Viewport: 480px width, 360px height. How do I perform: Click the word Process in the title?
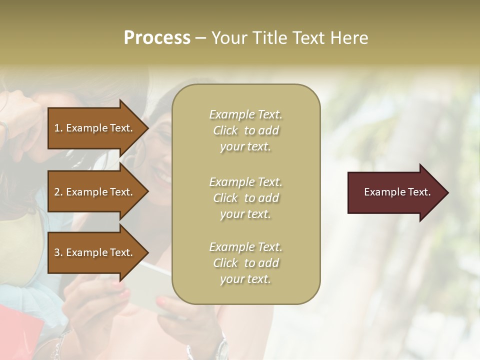[157, 38]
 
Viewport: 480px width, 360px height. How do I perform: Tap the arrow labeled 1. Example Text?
[95, 128]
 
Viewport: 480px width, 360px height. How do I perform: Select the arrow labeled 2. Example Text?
[95, 192]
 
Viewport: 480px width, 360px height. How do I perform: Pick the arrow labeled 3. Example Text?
[95, 252]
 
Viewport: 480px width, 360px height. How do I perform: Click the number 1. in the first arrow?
[58, 128]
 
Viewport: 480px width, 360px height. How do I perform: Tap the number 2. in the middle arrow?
[58, 192]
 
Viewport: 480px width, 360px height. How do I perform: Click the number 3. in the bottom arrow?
[58, 252]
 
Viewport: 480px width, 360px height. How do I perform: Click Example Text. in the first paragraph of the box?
[245, 114]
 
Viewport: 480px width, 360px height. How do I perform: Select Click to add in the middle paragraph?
[245, 198]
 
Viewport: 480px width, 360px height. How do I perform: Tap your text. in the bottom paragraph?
[245, 279]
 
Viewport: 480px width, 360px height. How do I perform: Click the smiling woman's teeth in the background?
[162, 176]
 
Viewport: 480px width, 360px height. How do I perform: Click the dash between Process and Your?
[200, 38]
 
